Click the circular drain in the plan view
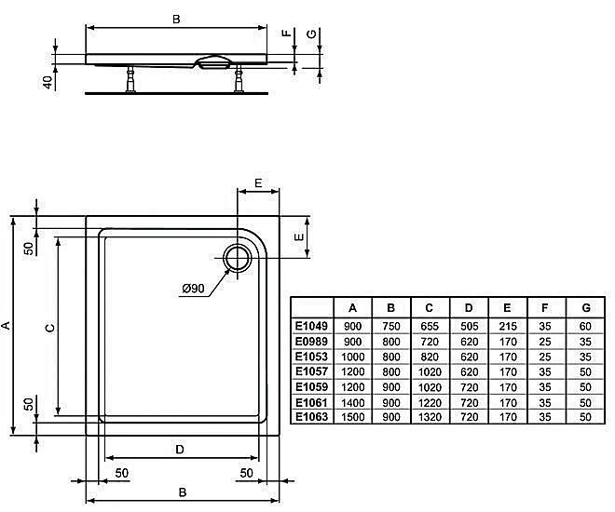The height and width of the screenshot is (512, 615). coord(238,257)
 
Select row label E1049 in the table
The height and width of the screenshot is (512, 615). coord(311,327)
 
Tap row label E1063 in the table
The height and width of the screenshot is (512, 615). coord(311,416)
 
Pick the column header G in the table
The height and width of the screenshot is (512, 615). coord(584,308)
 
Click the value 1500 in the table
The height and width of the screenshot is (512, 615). coord(353,416)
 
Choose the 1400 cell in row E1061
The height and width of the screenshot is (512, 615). coord(353,401)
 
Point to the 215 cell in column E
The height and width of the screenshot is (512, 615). coord(507,327)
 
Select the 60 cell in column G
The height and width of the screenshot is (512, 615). coord(584,327)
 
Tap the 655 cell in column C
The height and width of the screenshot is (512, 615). coord(430,327)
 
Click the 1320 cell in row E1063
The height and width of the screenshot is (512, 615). coord(430,416)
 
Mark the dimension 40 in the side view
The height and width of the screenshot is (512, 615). coord(47,81)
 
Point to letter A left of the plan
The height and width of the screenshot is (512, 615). coord(7,326)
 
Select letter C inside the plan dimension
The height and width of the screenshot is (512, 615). coord(51,328)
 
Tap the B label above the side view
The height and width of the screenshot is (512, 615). coord(177,18)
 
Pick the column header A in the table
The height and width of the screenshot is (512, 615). coord(353,308)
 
